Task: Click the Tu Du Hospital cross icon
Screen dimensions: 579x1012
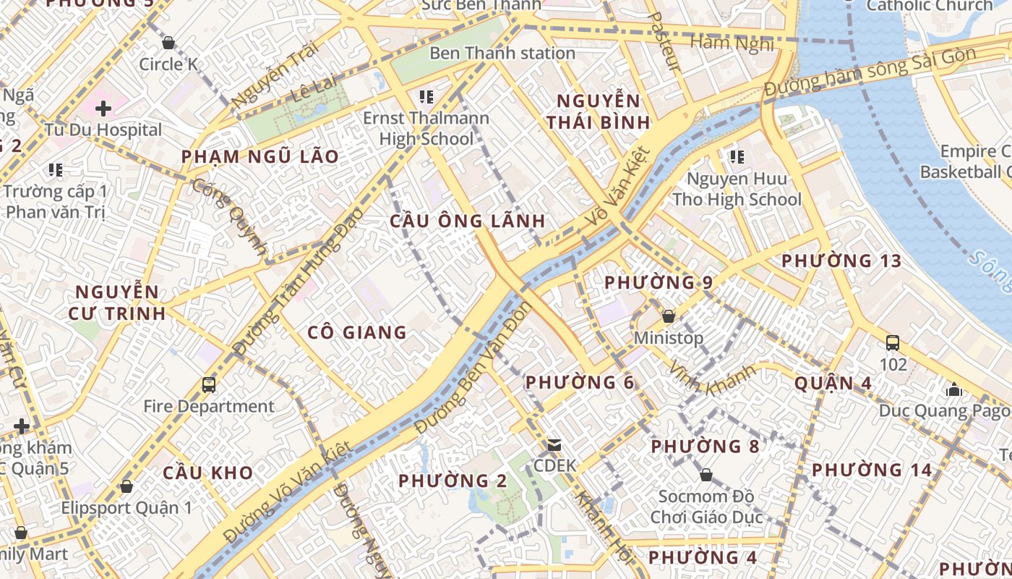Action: click(x=103, y=109)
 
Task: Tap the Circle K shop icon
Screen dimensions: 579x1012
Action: click(x=168, y=43)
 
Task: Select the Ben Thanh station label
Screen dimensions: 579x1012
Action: click(x=502, y=53)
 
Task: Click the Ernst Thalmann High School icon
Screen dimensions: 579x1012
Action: click(x=426, y=96)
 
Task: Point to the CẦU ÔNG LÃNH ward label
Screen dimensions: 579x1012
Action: click(x=468, y=221)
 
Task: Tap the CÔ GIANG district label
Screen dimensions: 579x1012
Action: click(x=357, y=332)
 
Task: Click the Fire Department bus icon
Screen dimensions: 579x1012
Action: click(x=209, y=384)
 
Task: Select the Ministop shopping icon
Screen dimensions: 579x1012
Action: click(x=669, y=316)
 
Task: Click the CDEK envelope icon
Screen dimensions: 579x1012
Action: click(x=554, y=444)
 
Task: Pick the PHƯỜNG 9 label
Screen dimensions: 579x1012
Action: click(x=659, y=282)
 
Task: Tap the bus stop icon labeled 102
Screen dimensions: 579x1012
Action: click(x=893, y=343)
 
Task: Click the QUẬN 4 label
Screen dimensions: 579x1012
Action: click(x=833, y=383)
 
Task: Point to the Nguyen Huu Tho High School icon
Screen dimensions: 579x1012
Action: click(x=737, y=156)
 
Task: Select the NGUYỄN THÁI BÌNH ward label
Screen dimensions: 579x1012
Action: click(x=599, y=111)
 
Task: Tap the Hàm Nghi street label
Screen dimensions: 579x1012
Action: click(x=732, y=43)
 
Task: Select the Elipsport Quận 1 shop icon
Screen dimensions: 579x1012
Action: click(x=126, y=486)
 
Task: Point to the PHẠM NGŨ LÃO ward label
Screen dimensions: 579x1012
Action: click(x=260, y=156)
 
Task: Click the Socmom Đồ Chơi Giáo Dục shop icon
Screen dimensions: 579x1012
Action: click(x=706, y=476)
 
